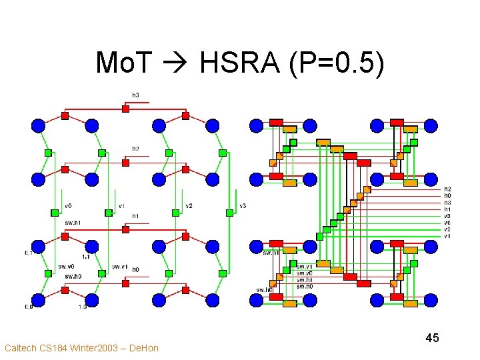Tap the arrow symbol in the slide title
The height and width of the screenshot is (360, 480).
coord(179,65)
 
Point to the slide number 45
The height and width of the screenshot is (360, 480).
coord(432,338)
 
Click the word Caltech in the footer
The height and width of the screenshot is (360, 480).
coord(20,348)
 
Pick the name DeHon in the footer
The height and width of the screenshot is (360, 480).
coord(144,348)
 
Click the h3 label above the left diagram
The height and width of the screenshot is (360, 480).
coord(135,95)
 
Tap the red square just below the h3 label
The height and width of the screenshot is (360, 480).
coord(125,108)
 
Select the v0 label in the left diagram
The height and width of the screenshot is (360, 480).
coord(68,205)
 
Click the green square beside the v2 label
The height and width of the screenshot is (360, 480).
coord(176,213)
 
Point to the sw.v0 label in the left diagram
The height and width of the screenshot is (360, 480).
coord(67,267)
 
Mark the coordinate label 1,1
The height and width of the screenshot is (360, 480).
coord(86,256)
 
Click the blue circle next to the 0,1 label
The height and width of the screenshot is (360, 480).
coord(38,247)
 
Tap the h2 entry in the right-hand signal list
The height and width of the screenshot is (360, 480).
coord(448,189)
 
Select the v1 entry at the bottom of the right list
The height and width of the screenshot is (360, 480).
coord(448,235)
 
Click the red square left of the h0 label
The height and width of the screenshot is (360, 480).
coord(125,283)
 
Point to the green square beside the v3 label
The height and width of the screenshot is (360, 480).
coord(230,213)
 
